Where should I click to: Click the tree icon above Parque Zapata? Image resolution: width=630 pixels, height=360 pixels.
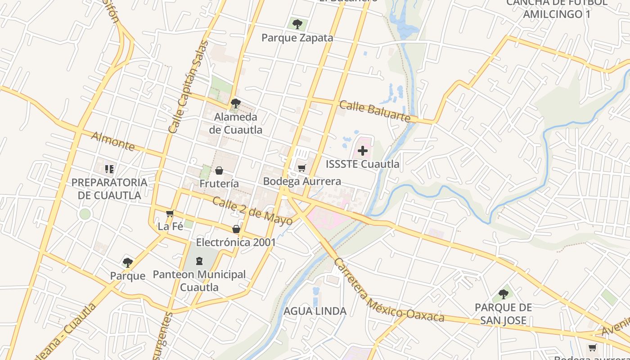(297, 24)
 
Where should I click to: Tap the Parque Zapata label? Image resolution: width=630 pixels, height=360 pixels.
(297, 38)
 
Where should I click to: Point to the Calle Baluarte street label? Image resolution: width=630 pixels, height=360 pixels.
(375, 111)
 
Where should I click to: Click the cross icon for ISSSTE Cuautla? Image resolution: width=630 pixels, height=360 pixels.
(363, 151)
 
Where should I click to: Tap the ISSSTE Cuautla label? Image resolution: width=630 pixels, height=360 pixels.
(362, 164)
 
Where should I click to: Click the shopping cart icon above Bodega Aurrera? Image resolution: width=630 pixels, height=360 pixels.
(302, 168)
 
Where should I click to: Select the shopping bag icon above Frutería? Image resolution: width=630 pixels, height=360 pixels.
(219, 171)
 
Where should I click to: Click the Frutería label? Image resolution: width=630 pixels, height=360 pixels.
(219, 184)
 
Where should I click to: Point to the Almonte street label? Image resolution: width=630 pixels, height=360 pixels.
(113, 141)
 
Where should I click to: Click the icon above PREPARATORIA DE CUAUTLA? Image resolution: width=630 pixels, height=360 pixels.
(109, 169)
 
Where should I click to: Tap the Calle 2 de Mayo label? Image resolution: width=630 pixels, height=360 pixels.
(252, 211)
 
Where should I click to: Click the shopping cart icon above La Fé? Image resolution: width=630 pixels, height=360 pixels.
(170, 213)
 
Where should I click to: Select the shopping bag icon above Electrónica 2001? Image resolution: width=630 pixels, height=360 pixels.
(236, 229)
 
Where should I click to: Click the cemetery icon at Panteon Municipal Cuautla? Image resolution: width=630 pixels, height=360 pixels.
(199, 261)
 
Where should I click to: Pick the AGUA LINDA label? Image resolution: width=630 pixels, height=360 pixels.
(315, 311)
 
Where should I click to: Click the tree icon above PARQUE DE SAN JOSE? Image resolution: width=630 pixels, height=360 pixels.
(503, 294)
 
